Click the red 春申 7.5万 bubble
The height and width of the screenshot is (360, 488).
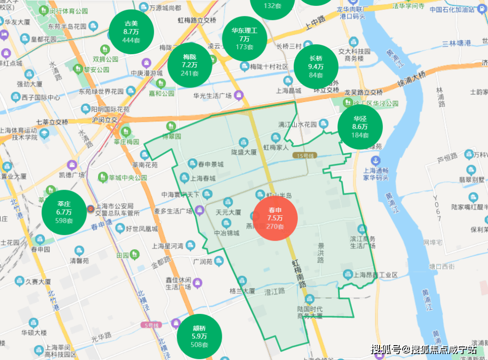pyautogui.click(x=275, y=219)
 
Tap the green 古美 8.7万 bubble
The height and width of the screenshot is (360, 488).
pyautogui.click(x=131, y=32)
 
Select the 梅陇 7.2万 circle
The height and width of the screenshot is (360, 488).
pyautogui.click(x=190, y=65)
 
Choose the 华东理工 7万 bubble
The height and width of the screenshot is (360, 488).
pyautogui.click(x=244, y=39)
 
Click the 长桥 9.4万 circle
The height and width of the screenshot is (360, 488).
pyautogui.click(x=316, y=66)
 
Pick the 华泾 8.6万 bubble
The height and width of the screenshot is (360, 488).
pyautogui.click(x=360, y=127)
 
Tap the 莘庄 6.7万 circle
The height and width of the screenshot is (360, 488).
pyautogui.click(x=64, y=212)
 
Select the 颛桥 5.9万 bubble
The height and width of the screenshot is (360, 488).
pyautogui.click(x=199, y=336)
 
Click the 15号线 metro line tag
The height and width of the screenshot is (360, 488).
pyautogui.click(x=305, y=155)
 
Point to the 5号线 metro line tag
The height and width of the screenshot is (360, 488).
pyautogui.click(x=150, y=325)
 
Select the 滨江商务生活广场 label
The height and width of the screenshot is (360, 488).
pyautogui.click(x=362, y=242)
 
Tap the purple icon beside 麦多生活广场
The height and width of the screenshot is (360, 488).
pyautogui.click(x=199, y=210)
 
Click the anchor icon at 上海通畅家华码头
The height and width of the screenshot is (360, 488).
pyautogui.click(x=375, y=160)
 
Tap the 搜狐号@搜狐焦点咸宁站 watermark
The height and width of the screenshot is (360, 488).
pyautogui.click(x=423, y=349)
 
